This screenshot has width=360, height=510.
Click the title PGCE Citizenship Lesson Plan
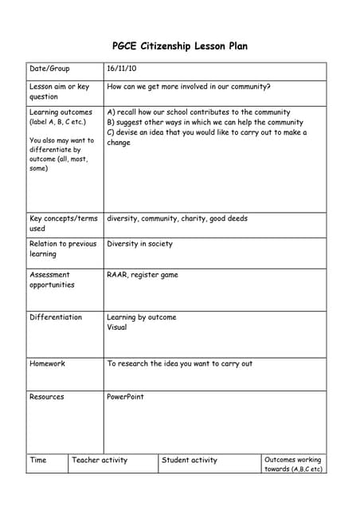point(180,46)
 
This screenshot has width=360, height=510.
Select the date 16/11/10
point(122,69)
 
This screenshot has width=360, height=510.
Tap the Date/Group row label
point(49,69)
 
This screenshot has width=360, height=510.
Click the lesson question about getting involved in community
point(188,87)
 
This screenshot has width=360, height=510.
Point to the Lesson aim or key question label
point(59,92)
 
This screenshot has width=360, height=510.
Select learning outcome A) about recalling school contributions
point(198,112)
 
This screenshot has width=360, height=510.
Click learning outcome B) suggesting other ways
point(205,123)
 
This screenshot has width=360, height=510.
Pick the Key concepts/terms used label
point(63,223)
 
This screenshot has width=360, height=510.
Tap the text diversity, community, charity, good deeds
point(177,218)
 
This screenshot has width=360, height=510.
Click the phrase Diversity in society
point(139,244)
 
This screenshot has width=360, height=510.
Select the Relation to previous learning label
point(63,249)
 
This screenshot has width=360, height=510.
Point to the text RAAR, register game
point(143,275)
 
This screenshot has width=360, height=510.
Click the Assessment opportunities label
point(52,280)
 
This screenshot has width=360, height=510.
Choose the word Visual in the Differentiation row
point(117,327)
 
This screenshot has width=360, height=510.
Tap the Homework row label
point(47,363)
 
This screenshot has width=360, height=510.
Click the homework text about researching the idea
point(179,363)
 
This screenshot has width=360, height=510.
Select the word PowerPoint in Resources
point(126,397)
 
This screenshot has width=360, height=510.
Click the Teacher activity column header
point(100,460)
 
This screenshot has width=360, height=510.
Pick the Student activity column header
point(190,460)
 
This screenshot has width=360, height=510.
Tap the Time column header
point(38,460)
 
